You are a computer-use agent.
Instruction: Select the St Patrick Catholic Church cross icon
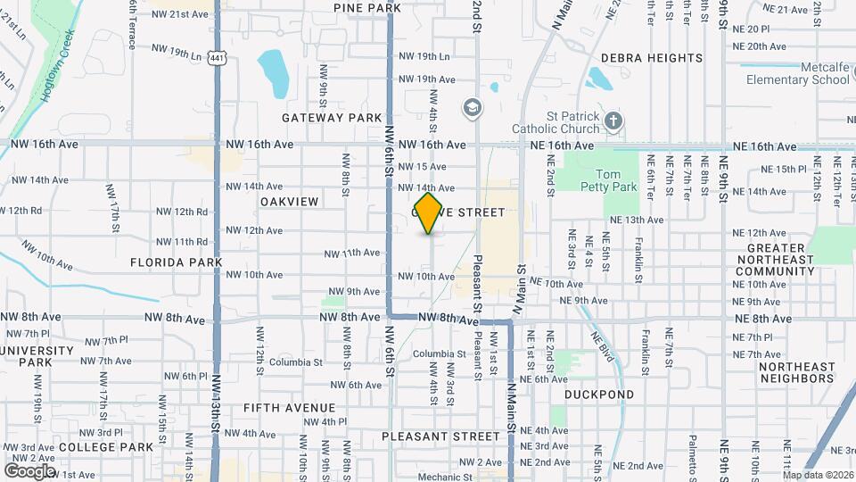tap(612, 120)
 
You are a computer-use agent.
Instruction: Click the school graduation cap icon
tap(471, 108)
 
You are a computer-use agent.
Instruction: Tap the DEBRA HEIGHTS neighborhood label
tap(652, 58)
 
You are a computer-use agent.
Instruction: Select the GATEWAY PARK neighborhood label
tap(332, 118)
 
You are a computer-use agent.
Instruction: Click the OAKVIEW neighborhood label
tap(289, 202)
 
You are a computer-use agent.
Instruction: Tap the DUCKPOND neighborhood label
tap(599, 394)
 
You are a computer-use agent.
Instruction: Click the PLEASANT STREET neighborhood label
tap(440, 436)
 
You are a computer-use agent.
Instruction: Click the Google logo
tap(29, 470)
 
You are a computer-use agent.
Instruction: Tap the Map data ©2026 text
tap(818, 474)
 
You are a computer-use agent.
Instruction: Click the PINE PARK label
tap(367, 8)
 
